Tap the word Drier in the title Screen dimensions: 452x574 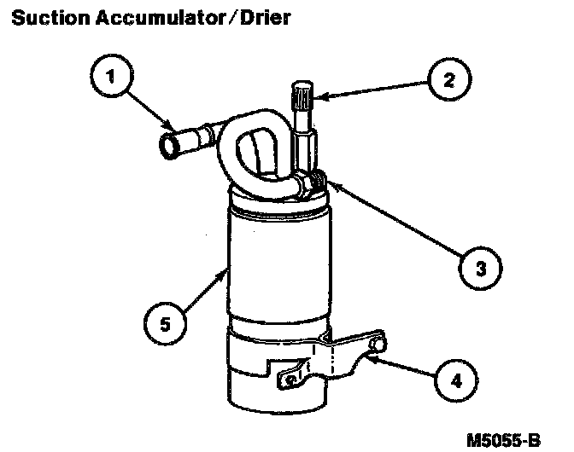pyautogui.click(x=265, y=19)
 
